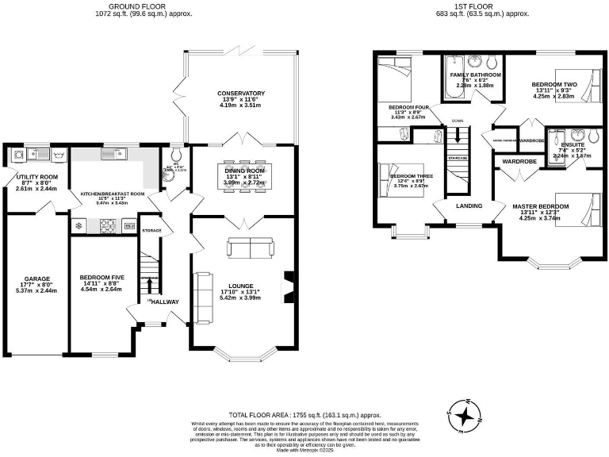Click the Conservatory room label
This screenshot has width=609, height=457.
tap(241, 94)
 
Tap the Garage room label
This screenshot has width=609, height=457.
tap(36, 278)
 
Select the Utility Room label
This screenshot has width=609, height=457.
tap(37, 176)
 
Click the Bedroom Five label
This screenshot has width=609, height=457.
tap(101, 278)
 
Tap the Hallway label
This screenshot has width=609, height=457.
tap(166, 301)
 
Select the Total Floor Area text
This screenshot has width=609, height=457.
tap(304, 415)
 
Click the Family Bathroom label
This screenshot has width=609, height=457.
tap(476, 75)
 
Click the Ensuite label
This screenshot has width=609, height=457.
tap(571, 144)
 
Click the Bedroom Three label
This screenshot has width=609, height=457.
tap(412, 175)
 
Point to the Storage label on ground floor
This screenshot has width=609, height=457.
tap(151, 230)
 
